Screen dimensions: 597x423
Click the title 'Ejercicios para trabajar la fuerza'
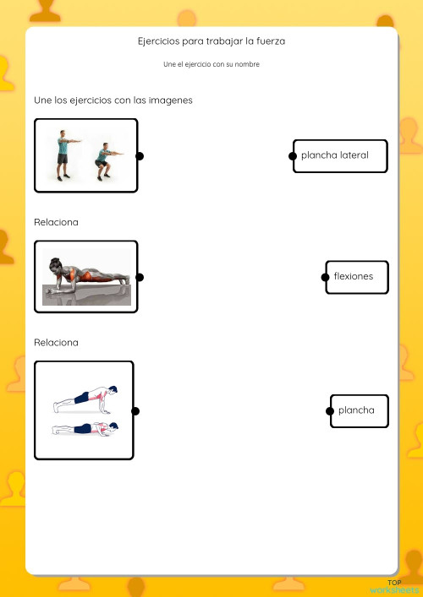211,41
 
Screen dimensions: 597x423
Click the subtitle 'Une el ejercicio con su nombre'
211,64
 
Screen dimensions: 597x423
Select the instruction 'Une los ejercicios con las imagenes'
113,100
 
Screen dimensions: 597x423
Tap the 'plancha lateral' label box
341,156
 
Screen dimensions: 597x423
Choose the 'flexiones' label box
358,277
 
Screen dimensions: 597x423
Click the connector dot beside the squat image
140,156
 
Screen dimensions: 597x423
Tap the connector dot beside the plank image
140,277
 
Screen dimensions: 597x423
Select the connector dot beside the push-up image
135,411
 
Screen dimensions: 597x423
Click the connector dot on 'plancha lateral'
293,156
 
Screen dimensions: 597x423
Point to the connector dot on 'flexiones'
326,277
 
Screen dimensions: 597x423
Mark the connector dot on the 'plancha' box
330,411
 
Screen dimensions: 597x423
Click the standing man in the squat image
63,154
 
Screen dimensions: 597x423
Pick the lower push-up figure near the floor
85,429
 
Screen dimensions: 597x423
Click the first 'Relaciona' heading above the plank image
56,222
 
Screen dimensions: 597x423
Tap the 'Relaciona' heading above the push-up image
56,343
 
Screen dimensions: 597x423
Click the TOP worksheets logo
393,587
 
